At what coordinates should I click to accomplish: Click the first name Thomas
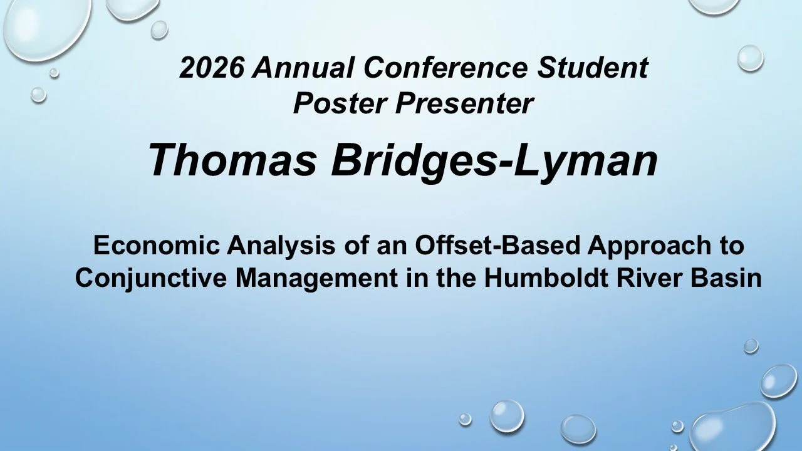click(x=232, y=160)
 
